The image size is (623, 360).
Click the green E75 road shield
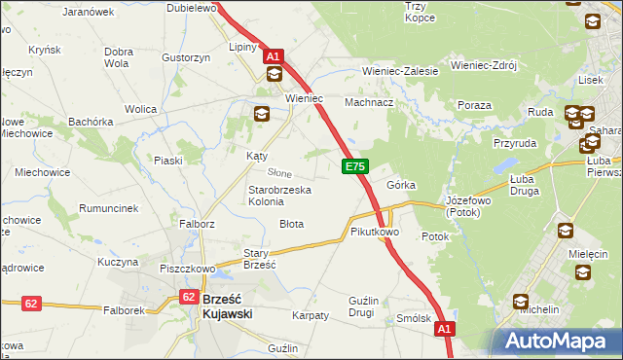(x=354, y=167)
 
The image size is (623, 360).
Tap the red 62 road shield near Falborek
(x=31, y=304)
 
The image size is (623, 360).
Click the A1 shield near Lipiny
(x=274, y=56)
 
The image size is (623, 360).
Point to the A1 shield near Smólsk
(x=445, y=331)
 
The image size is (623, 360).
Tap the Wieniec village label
(x=303, y=99)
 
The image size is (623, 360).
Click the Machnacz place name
(x=369, y=102)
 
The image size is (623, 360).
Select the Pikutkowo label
(x=375, y=233)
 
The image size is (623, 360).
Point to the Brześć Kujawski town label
(x=229, y=306)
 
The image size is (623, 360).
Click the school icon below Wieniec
(x=261, y=115)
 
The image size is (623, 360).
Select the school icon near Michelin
(x=521, y=302)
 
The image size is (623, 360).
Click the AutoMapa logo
(x=558, y=341)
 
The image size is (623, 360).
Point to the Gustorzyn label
(x=187, y=58)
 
